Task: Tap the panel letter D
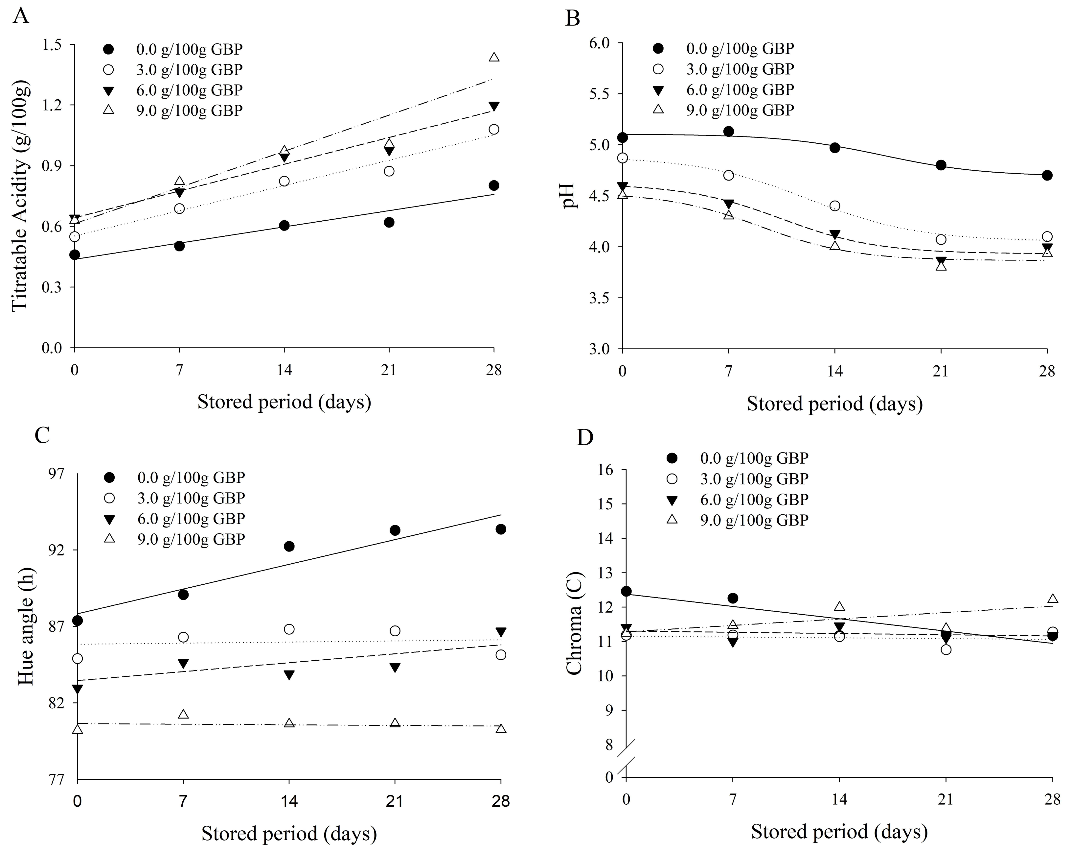(x=585, y=437)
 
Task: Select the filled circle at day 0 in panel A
(x=75, y=255)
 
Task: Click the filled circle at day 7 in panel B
(x=729, y=131)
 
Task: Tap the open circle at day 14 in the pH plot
(x=835, y=206)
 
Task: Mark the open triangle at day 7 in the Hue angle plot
(x=183, y=714)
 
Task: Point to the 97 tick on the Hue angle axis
(x=57, y=474)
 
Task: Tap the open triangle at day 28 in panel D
(x=1052, y=599)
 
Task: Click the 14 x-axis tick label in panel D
(x=839, y=800)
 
